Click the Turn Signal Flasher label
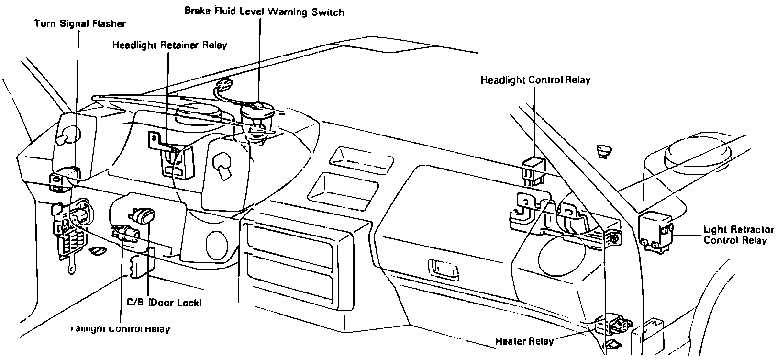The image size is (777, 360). pyautogui.click(x=80, y=23)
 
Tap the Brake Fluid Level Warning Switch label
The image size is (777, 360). pyautogui.click(x=264, y=11)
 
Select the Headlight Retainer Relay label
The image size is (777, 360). pyautogui.click(x=169, y=45)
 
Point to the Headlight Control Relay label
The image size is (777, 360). pyautogui.click(x=535, y=80)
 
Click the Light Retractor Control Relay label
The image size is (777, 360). pyautogui.click(x=737, y=235)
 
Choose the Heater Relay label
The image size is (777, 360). pyautogui.click(x=524, y=341)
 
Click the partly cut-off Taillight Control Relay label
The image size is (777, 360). pyautogui.click(x=120, y=329)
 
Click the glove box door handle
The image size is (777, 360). pyautogui.click(x=444, y=269)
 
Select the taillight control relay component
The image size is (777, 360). pyautogui.click(x=125, y=234)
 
